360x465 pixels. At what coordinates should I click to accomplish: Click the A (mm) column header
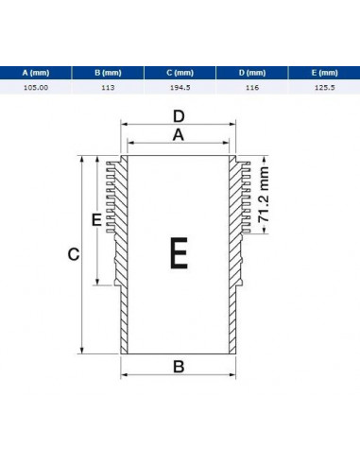point(36,73)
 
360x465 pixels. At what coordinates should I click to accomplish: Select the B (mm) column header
point(108,73)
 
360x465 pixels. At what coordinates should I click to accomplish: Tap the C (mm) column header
point(180,73)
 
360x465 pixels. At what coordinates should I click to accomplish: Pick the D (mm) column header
point(252,73)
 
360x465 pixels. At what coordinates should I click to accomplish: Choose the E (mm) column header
point(324,73)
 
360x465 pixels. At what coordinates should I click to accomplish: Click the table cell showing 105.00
point(36,87)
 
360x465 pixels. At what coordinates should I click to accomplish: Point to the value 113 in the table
point(108,87)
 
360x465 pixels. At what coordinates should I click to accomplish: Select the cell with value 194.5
point(180,87)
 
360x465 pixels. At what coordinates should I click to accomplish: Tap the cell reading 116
point(252,87)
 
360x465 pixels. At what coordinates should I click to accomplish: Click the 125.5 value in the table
point(325,87)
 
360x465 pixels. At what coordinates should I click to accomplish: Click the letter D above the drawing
point(179,116)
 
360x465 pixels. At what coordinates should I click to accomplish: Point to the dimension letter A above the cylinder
point(179,135)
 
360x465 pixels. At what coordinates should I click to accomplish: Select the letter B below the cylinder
point(179,367)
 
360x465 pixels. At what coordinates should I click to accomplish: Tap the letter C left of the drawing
point(74,254)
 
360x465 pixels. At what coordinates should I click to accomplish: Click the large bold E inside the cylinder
point(179,253)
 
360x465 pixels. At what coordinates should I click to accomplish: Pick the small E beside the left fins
point(96,219)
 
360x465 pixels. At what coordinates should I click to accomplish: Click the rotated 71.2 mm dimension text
point(264,195)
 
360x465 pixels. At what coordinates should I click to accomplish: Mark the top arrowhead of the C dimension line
point(82,159)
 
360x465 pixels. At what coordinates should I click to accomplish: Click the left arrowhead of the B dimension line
point(125,374)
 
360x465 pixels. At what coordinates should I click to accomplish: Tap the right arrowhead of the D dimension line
point(232,124)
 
